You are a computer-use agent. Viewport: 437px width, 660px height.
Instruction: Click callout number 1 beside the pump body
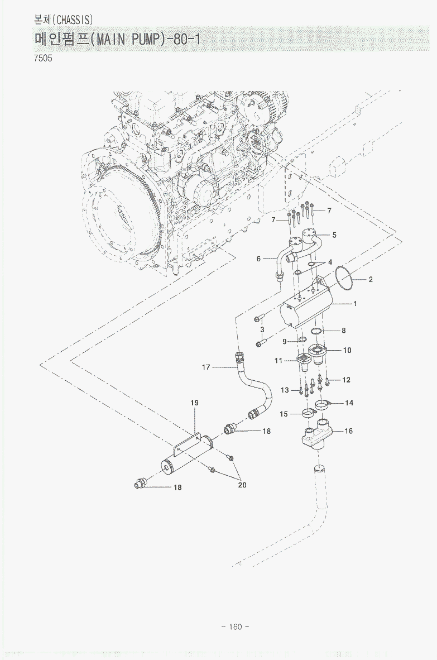coord(354,304)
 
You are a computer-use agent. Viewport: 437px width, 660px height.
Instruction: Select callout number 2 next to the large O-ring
coord(370,280)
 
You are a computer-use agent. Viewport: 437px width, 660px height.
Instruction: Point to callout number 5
coord(334,235)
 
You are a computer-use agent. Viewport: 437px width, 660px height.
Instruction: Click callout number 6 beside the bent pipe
coord(259,259)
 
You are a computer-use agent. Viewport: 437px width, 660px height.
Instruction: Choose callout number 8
coord(344,331)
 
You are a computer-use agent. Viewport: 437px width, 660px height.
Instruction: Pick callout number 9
coord(284,341)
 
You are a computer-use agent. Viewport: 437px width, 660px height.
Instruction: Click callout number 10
coord(347,351)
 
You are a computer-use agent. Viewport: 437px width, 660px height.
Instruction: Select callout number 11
coord(278,361)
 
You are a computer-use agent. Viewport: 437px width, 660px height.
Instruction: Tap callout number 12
coord(346,380)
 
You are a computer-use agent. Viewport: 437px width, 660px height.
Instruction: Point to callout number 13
coord(285,390)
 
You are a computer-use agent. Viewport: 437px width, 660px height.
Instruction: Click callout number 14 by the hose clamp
coord(349,403)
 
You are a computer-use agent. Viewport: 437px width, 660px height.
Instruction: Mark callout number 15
coord(284,414)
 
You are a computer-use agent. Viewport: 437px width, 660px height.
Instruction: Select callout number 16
coord(349,431)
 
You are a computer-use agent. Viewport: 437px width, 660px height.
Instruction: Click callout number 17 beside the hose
coord(206,367)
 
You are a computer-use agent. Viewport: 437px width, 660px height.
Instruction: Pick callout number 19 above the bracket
coord(195,403)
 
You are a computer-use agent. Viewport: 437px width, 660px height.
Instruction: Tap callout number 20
coord(242,485)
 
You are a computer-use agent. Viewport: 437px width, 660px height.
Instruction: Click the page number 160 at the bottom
coord(236,626)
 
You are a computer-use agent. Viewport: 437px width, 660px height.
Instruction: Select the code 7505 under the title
coord(43,58)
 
